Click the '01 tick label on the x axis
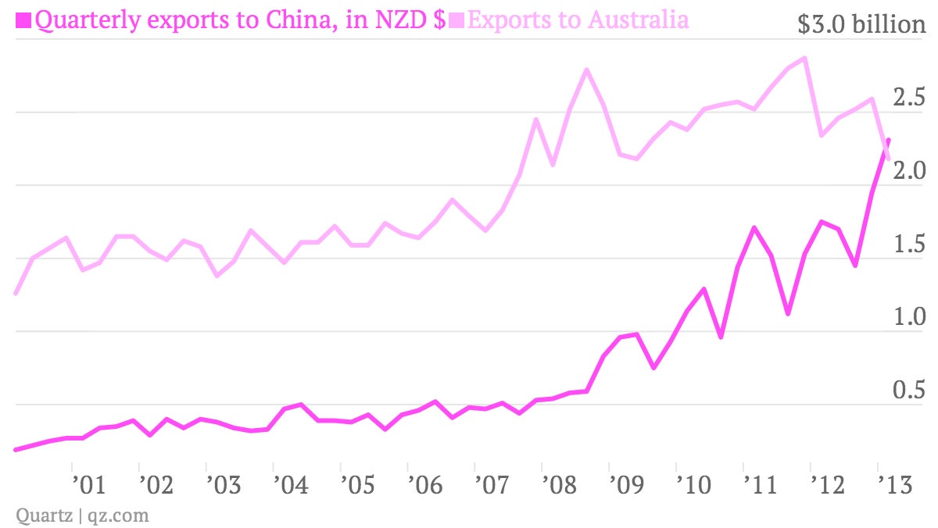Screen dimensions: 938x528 tap(89, 485)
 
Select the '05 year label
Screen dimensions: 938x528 tap(358, 485)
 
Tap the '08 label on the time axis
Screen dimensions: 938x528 tap(560, 485)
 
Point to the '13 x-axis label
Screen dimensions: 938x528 tap(895, 485)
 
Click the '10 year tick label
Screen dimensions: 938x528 tap(694, 485)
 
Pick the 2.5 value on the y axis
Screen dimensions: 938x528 tap(908, 97)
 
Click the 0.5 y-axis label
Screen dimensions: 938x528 tap(908, 390)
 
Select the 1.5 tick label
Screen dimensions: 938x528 tap(909, 244)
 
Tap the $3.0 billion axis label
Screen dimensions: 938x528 tap(861, 24)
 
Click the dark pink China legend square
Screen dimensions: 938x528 tap(23, 20)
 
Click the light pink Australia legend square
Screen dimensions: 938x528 tap(456, 20)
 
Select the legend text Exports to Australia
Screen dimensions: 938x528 tap(578, 20)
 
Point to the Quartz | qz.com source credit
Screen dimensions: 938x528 tap(82, 516)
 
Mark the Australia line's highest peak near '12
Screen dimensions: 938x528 tap(804, 58)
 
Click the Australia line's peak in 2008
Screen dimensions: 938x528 tap(587, 70)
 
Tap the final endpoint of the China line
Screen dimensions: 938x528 tap(888, 140)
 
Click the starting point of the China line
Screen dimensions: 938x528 tap(16, 450)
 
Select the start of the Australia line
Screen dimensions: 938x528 tap(16, 293)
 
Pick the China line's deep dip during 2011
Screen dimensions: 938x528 tap(788, 313)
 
